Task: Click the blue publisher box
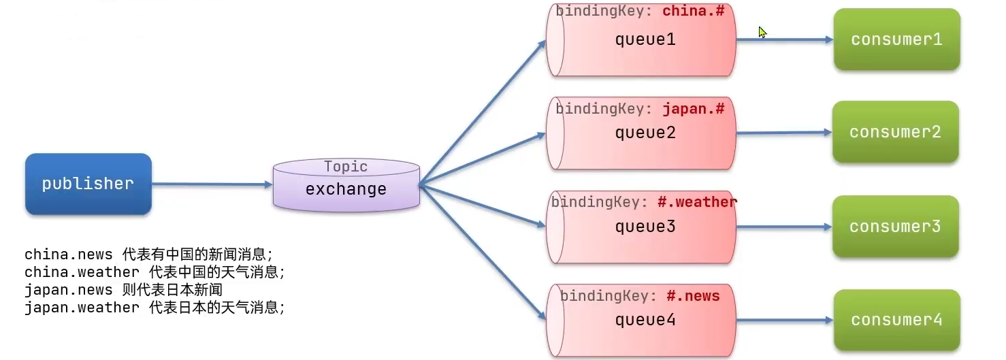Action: pos(88,184)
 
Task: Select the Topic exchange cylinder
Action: pos(346,185)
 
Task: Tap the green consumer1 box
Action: pos(896,39)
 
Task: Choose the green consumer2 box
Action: pos(895,132)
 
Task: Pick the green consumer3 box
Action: pos(895,227)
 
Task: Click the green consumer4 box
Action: pos(896,320)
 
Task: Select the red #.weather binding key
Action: pos(697,202)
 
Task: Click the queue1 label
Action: pos(645,39)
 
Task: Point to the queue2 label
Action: pos(645,133)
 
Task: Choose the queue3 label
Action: pos(645,226)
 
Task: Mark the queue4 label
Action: pos(645,319)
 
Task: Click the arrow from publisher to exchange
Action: pos(211,184)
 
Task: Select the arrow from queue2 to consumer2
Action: pos(783,133)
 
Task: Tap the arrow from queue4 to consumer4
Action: pos(783,320)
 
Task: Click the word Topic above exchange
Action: pos(346,167)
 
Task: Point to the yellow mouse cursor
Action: pos(762,32)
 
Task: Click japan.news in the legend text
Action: pos(68,290)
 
